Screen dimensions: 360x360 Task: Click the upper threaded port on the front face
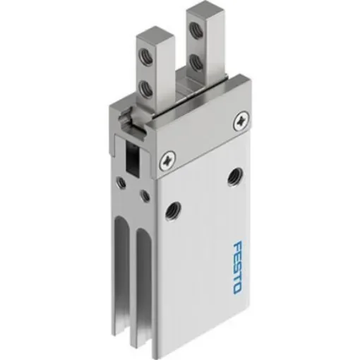pos(232,176)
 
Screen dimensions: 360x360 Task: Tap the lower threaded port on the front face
pos(170,209)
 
